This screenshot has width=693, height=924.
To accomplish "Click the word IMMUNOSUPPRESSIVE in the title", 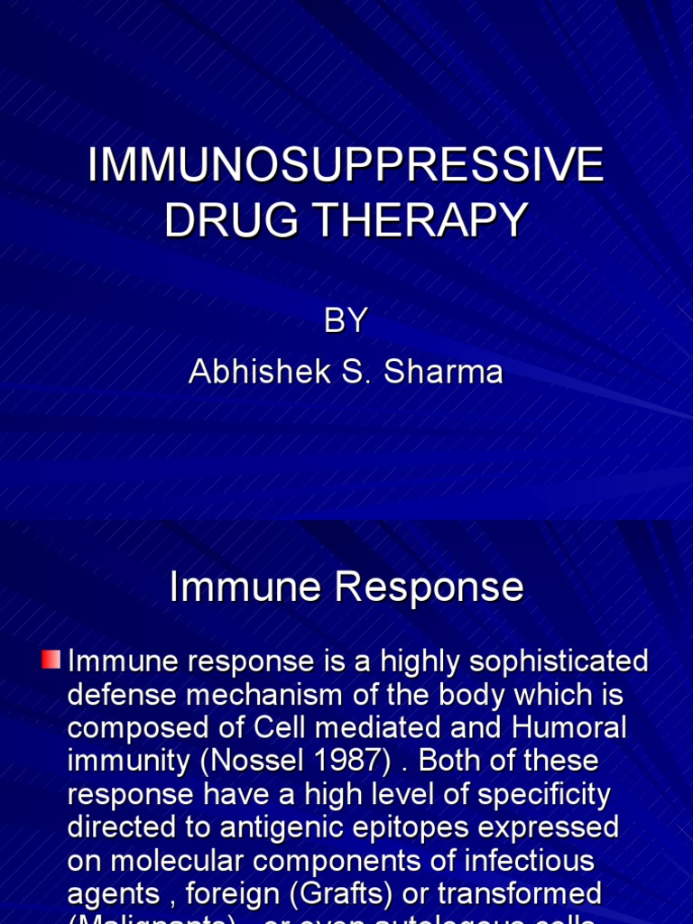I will point(346,166).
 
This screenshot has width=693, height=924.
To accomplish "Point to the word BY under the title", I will point(346,321).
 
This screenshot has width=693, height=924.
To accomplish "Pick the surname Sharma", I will point(443,372).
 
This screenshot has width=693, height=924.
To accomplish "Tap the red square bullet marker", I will point(51,661).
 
